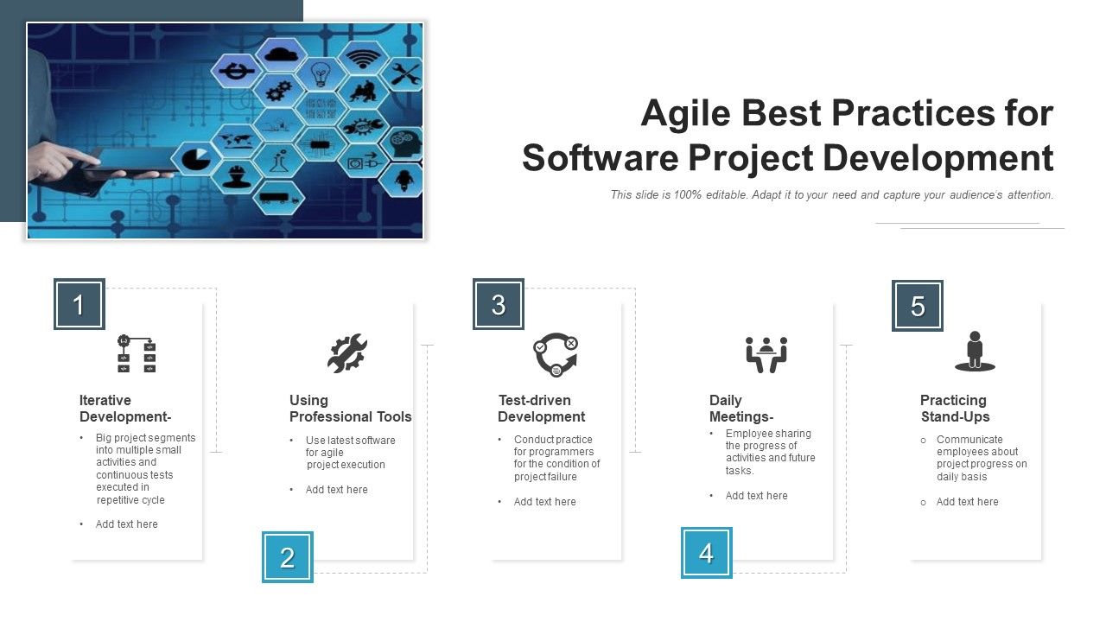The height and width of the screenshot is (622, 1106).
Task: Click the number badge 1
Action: (x=79, y=304)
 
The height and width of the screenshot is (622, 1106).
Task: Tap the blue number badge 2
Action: (x=288, y=557)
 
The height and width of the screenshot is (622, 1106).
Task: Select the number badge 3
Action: (x=499, y=304)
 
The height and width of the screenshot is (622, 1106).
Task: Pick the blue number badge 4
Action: (x=707, y=553)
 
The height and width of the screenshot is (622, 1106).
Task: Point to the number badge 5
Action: (x=918, y=306)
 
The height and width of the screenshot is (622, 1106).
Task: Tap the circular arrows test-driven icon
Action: (x=555, y=355)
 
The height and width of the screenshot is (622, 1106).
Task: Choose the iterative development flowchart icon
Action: (x=137, y=354)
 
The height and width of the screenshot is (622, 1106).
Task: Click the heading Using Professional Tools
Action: (x=350, y=409)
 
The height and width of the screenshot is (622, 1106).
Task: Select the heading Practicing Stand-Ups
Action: (x=954, y=409)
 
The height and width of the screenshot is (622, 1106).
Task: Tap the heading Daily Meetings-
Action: (x=741, y=409)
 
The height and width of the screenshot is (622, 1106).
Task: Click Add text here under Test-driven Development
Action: (x=544, y=502)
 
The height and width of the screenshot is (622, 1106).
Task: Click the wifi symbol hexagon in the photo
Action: (x=362, y=57)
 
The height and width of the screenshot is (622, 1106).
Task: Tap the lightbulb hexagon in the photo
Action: (x=321, y=73)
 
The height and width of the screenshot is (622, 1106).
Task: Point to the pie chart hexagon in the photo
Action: (x=196, y=159)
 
